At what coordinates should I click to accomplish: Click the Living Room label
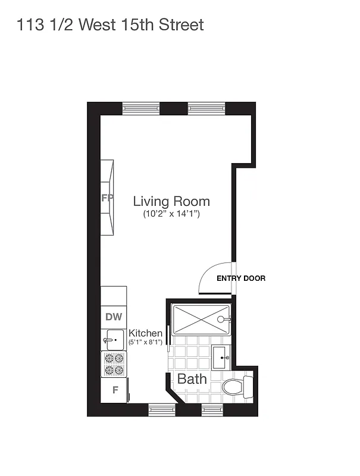point(171,201)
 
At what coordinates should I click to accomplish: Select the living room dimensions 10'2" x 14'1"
point(171,214)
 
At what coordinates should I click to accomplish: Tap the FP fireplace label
point(107,198)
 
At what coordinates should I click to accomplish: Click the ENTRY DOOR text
point(240,278)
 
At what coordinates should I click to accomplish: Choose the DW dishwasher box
point(113,317)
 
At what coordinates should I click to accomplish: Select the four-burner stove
point(114,364)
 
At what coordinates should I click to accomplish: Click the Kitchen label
point(146,333)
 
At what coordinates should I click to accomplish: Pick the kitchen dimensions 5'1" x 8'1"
point(146,343)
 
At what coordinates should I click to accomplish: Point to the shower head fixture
point(222,320)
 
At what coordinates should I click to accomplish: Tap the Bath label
point(192,379)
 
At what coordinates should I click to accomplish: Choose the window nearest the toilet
point(211,409)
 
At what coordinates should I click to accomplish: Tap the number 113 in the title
point(29,24)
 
